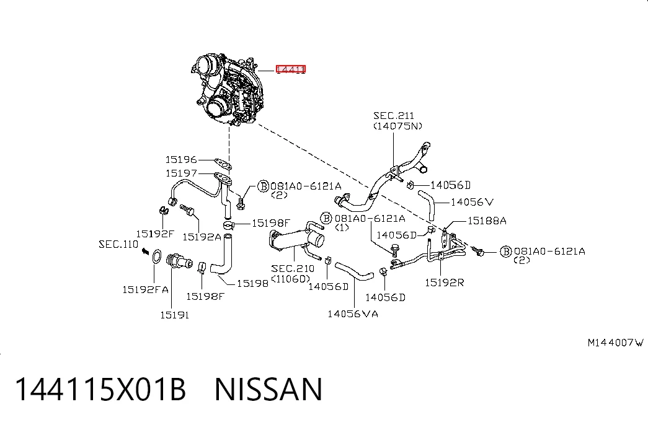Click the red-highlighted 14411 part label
[291, 69]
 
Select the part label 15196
[181, 159]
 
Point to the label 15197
[181, 173]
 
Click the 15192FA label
[146, 289]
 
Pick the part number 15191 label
[174, 315]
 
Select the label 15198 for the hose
[252, 283]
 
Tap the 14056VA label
[353, 314]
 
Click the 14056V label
[472, 202]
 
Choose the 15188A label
[487, 221]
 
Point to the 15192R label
[445, 283]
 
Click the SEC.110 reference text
[118, 244]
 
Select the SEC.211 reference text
[393, 116]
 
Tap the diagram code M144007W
[616, 343]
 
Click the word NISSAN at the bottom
[269, 389]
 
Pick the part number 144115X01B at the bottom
[101, 389]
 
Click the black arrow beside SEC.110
[145, 251]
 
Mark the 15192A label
[202, 237]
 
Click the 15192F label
[156, 234]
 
